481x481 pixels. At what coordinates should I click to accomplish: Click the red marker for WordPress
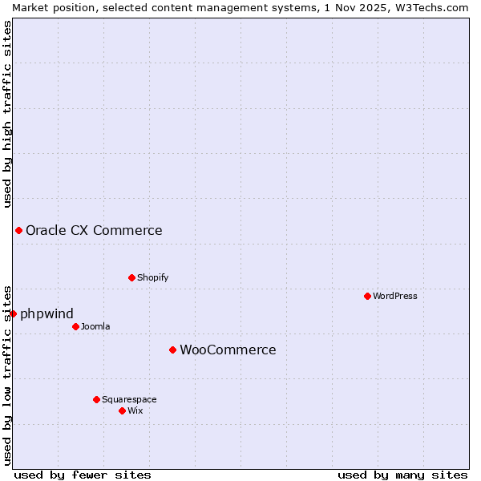pyautogui.click(x=367, y=296)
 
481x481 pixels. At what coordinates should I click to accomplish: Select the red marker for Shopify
pyautogui.click(x=131, y=277)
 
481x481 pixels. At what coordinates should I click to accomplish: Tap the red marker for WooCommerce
pyautogui.click(x=172, y=350)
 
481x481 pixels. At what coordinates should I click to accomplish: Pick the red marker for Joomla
pyautogui.click(x=75, y=326)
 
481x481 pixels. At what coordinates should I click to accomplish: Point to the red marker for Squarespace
pyautogui.click(x=96, y=399)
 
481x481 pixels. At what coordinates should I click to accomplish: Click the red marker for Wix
pyautogui.click(x=122, y=410)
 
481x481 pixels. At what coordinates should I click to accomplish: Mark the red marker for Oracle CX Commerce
pyautogui.click(x=18, y=230)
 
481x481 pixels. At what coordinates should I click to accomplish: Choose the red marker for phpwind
pyautogui.click(x=13, y=313)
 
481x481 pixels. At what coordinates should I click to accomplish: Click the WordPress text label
pyautogui.click(x=395, y=296)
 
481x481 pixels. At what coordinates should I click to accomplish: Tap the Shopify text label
pyautogui.click(x=152, y=277)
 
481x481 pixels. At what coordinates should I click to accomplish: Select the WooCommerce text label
pyautogui.click(x=228, y=350)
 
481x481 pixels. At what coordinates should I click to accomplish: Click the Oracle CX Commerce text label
pyautogui.click(x=94, y=231)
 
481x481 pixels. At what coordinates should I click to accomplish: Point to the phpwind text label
pyautogui.click(x=46, y=313)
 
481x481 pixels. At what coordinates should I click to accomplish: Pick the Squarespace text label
pyautogui.click(x=129, y=399)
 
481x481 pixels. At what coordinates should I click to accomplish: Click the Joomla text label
pyautogui.click(x=95, y=326)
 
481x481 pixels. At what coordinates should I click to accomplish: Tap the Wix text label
pyautogui.click(x=135, y=410)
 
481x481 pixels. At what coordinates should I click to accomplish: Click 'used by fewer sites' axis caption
pyautogui.click(x=83, y=475)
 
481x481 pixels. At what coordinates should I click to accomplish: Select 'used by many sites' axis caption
pyautogui.click(x=402, y=475)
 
